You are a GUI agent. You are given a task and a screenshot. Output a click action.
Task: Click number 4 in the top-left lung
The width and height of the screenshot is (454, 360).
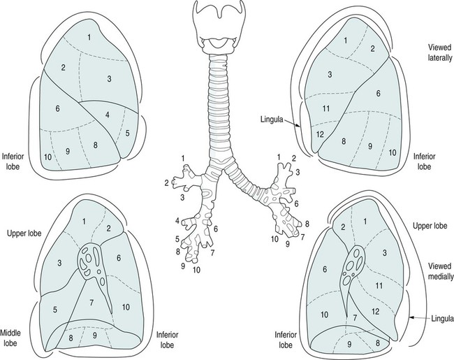(108, 114)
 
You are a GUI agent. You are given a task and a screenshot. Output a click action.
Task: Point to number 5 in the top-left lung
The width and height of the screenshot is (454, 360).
(128, 132)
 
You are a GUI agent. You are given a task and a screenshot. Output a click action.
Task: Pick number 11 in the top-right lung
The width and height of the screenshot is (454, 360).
(326, 108)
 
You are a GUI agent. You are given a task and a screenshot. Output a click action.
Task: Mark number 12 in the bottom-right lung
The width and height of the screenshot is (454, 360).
(375, 310)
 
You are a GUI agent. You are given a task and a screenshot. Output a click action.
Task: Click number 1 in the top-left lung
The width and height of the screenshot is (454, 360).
(89, 36)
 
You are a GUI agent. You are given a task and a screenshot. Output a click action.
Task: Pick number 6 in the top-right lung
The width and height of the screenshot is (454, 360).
(377, 92)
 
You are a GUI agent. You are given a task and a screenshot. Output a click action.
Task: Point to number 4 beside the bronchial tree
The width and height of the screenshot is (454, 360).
(178, 221)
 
